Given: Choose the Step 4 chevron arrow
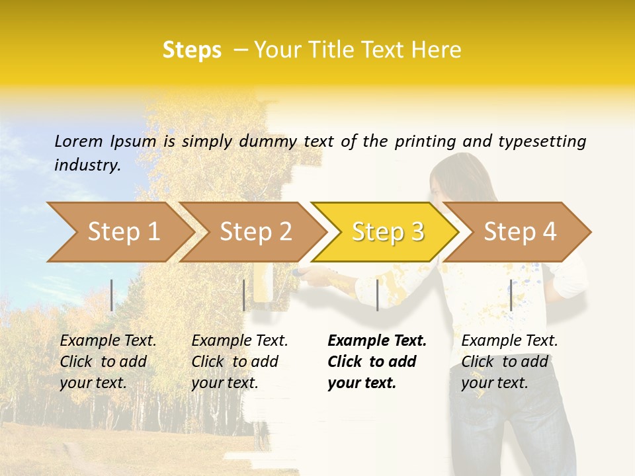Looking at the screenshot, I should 519,231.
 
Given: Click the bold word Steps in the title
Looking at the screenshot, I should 192,50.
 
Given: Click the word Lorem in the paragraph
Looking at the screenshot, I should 79,141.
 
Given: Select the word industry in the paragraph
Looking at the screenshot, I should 87,165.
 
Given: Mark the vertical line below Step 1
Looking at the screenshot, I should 112,295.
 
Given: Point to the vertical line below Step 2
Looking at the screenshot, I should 244,295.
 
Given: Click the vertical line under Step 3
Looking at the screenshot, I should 377,295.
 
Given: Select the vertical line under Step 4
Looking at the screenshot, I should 511,295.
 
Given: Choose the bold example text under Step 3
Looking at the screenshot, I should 376,362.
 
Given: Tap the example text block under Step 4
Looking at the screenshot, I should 509,362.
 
